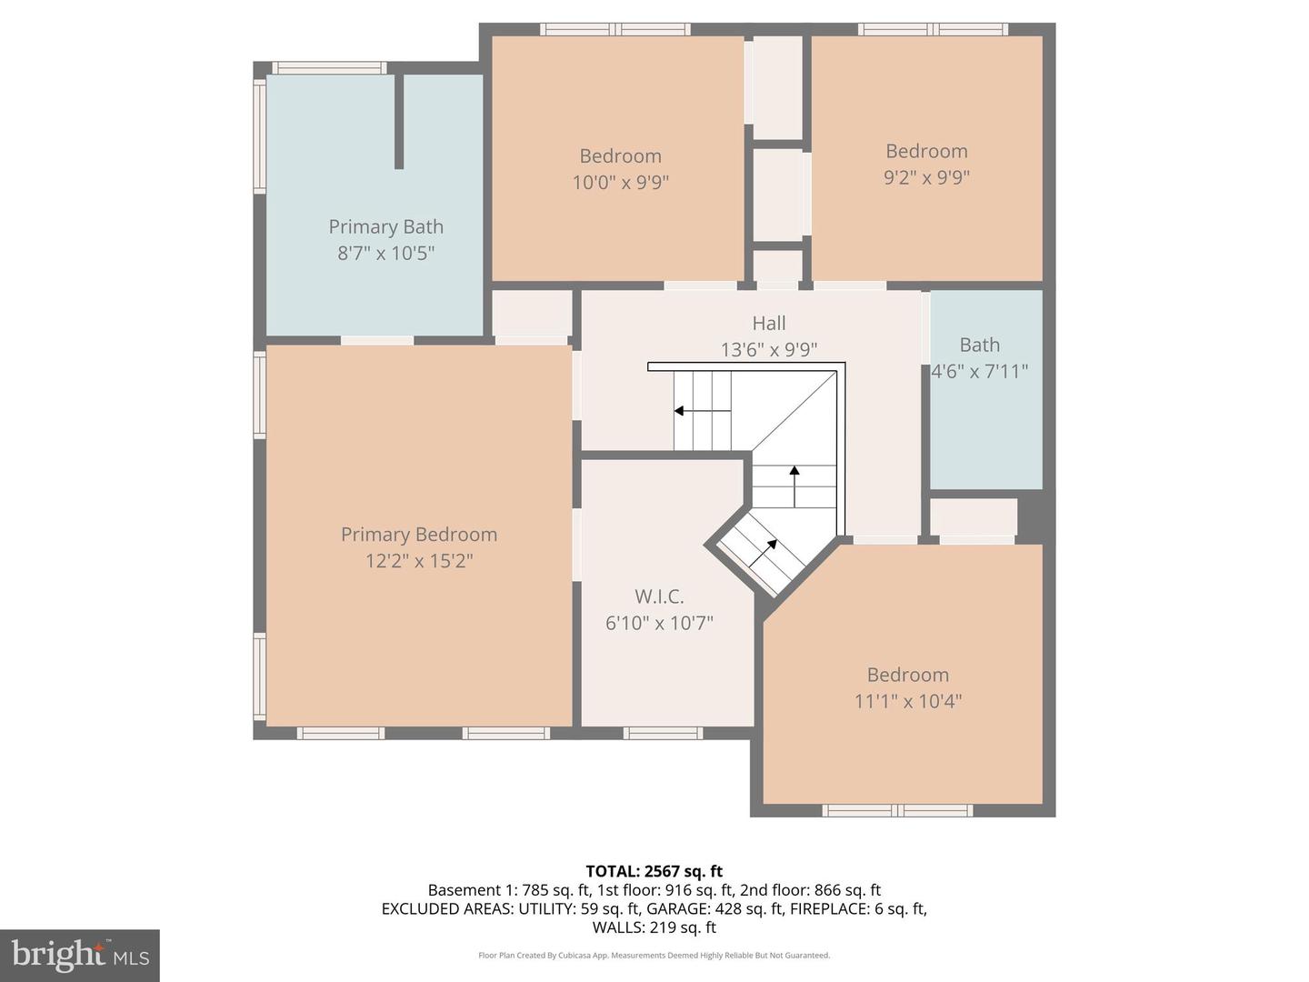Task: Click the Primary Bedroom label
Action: click(418, 535)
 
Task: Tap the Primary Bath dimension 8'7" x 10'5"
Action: click(386, 253)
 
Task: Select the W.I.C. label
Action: click(659, 596)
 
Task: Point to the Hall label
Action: click(768, 323)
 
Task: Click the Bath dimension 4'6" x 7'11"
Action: click(980, 371)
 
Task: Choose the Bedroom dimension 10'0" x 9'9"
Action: click(620, 183)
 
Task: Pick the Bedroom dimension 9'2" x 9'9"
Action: click(926, 177)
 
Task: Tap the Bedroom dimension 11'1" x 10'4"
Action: click(907, 701)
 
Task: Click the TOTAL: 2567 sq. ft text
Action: click(654, 871)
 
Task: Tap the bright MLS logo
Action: click(80, 955)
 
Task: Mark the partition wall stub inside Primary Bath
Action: click(398, 122)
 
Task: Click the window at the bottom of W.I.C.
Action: click(663, 733)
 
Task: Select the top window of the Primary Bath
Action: click(329, 67)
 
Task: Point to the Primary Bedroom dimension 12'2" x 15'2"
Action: click(418, 561)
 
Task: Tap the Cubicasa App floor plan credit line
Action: click(654, 956)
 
